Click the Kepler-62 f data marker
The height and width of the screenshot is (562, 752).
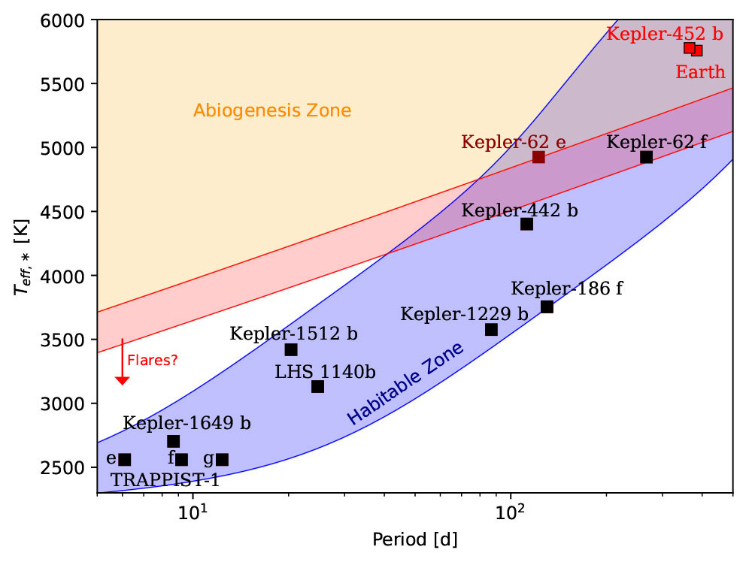(646, 157)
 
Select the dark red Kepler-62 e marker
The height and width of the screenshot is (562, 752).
(538, 157)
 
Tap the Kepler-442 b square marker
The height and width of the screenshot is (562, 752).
(526, 224)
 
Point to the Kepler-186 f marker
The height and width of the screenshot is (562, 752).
(547, 307)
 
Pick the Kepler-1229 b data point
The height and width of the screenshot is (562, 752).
(491, 330)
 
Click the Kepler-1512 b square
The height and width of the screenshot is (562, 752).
(291, 350)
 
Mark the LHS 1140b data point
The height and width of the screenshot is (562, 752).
(317, 387)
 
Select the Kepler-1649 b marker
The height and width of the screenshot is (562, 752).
(173, 442)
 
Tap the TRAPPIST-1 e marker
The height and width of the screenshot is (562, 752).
(125, 460)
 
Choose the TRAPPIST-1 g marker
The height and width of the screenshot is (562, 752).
(222, 460)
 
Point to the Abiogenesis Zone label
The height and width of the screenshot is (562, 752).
(272, 111)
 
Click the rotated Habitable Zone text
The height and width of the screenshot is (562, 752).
(405, 383)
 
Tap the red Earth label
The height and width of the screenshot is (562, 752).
(700, 73)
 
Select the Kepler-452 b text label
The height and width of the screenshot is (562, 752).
(664, 34)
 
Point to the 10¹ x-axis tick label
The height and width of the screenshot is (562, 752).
(193, 514)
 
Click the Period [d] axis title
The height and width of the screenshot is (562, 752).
(414, 540)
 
